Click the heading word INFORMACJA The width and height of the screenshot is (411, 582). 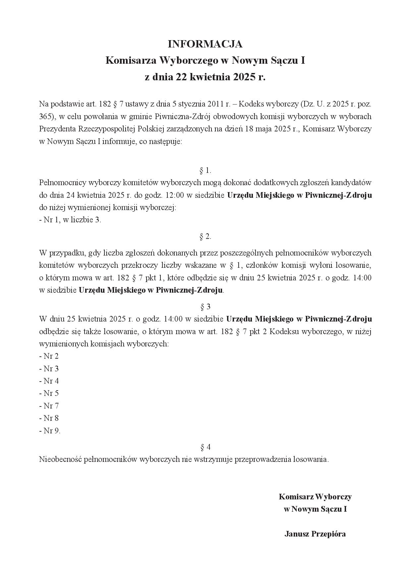pos(205,44)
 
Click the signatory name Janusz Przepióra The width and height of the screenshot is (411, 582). pos(315,534)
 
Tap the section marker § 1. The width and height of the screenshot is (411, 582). pos(205,171)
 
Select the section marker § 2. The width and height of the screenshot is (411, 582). pos(205,237)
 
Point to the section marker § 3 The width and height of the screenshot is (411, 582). pos(205,306)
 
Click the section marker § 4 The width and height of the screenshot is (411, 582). pos(205,447)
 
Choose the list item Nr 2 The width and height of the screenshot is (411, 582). pos(49,356)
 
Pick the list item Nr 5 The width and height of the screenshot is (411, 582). pos(49,394)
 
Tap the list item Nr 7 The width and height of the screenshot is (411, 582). pos(49,406)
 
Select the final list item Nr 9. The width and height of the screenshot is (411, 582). pos(50,431)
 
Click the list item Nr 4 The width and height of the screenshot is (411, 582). pos(49,381)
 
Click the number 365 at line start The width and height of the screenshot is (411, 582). pos(45,116)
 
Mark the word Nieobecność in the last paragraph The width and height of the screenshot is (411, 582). pos(60,460)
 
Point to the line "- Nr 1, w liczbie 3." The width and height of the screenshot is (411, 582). pos(70,220)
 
